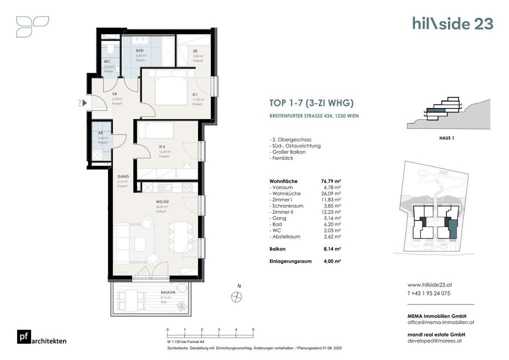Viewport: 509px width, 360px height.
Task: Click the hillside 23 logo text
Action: tap(452, 23)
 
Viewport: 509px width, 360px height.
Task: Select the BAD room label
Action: tap(140, 50)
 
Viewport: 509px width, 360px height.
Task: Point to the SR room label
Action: tap(196, 51)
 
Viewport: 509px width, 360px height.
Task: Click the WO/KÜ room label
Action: tap(161, 202)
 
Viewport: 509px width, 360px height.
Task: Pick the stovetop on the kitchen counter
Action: tap(188, 187)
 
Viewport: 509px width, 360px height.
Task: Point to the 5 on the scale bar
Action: tap(253, 329)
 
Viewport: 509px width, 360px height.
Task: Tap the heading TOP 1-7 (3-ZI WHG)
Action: tap(311, 104)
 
